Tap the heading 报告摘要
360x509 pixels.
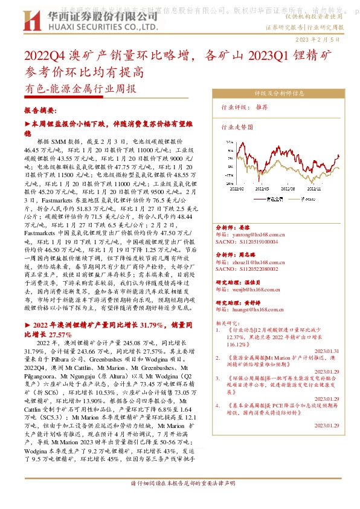[40, 111]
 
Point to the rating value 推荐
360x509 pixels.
[262, 106]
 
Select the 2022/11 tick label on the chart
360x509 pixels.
[315, 188]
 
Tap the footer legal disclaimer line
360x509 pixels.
[179, 501]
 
